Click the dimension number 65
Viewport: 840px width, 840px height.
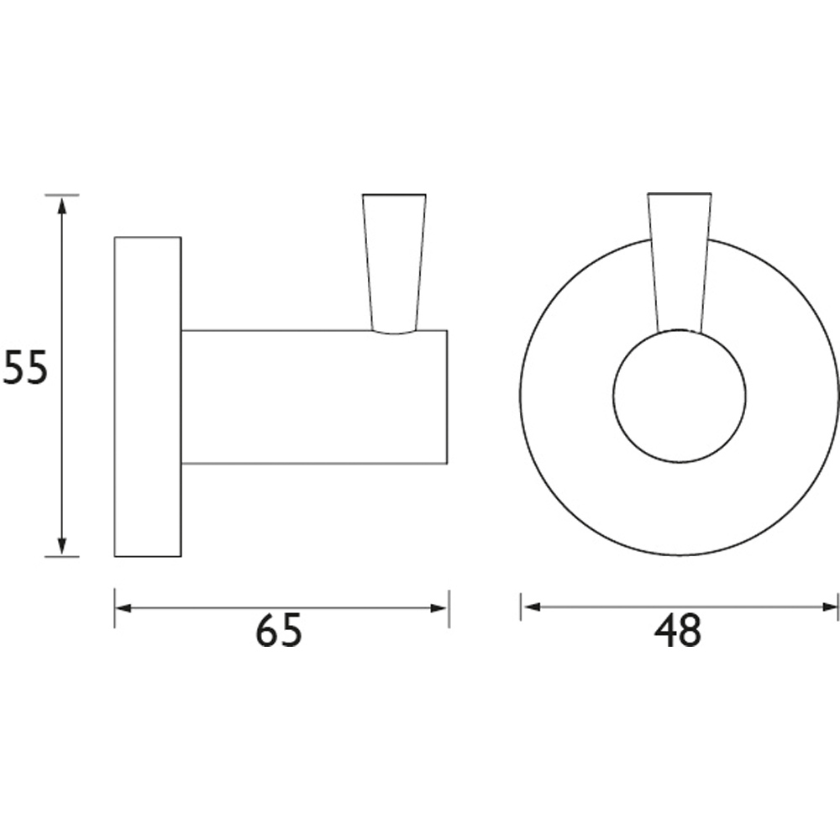279,631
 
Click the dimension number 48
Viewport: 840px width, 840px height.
677,631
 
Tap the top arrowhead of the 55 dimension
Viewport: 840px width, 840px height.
62,205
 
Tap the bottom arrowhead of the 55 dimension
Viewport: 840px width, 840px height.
62,546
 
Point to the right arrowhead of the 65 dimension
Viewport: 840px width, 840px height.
438,608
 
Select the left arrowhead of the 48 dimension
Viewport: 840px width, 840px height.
531,606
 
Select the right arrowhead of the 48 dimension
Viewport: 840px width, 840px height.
829,606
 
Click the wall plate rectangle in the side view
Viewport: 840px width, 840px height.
148,396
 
